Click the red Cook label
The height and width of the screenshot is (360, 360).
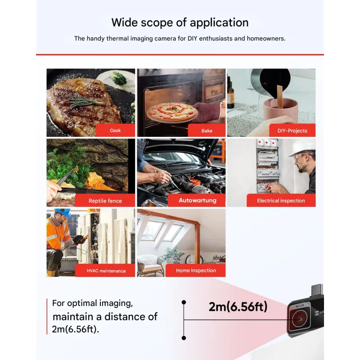(x=115, y=130)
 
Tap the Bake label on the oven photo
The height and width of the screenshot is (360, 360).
(x=207, y=130)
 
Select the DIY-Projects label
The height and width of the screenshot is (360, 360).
(x=292, y=130)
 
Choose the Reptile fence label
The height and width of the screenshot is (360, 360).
(x=105, y=201)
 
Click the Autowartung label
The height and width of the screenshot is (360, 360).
(x=198, y=200)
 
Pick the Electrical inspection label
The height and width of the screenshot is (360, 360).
(x=281, y=201)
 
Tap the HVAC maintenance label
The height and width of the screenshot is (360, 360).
(x=106, y=271)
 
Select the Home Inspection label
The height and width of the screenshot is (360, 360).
(x=196, y=270)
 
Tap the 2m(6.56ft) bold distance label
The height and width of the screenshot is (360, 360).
(x=238, y=306)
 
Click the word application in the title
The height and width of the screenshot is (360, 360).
(x=219, y=23)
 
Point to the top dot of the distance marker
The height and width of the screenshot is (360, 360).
(x=184, y=302)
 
